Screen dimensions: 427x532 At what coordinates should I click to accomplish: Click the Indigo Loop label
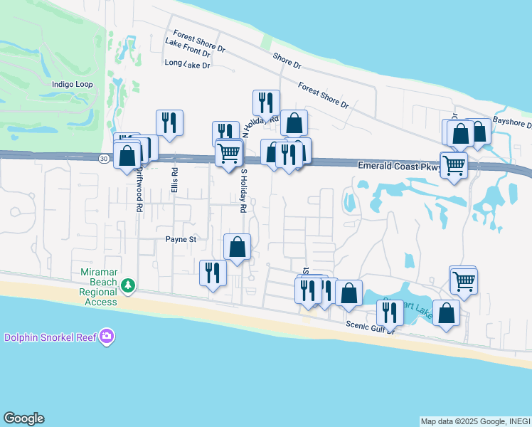point(73,84)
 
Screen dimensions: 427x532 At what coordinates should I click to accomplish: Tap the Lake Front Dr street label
point(188,47)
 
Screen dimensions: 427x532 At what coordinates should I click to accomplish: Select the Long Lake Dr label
point(188,64)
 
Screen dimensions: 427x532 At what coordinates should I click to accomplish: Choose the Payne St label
point(181,240)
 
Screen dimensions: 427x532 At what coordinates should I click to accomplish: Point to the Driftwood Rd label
point(140,189)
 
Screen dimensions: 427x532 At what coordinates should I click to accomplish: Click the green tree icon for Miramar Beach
point(128,285)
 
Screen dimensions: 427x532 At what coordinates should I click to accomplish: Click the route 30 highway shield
point(105,158)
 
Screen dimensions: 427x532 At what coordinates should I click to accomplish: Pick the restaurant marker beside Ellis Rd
point(169,123)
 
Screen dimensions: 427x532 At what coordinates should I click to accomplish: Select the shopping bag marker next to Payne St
point(238,248)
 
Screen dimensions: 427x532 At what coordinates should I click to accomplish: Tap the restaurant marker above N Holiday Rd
point(266,103)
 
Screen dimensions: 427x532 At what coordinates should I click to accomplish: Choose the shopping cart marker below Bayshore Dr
point(453,166)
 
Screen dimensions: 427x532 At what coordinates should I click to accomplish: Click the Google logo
point(23,418)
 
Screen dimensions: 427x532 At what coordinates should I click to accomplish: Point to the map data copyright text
point(474,421)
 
